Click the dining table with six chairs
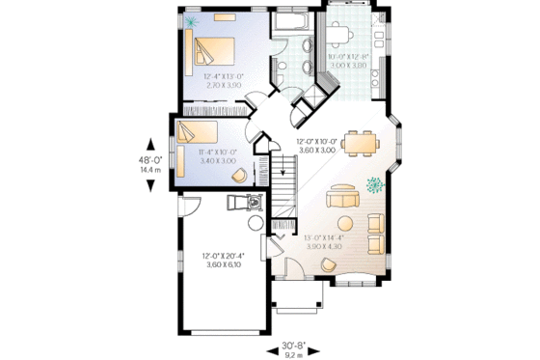pos(362,143)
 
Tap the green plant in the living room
pos(375,183)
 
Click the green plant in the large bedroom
pos(193,20)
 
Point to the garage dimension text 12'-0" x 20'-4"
pos(224,261)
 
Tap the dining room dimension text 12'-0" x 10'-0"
pos(316,146)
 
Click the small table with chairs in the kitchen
pos(339,35)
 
